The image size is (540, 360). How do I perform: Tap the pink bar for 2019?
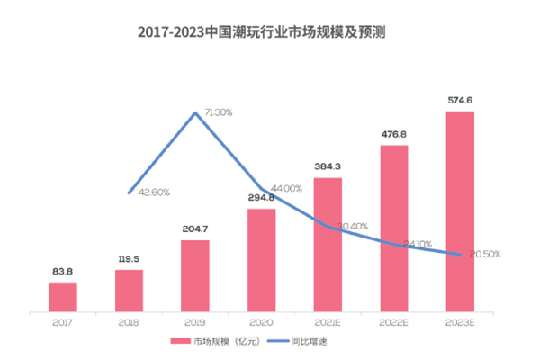[194, 275]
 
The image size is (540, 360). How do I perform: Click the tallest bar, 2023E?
[460, 212]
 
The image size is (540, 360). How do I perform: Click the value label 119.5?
[129, 258]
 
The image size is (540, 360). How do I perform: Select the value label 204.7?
[194, 229]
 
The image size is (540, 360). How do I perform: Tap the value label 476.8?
[394, 134]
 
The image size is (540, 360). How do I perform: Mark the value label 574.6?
[460, 101]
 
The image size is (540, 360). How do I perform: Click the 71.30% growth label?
[219, 112]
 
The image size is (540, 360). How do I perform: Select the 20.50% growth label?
[482, 255]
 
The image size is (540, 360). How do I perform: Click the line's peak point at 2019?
[195, 112]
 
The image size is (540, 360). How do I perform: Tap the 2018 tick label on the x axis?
[129, 320]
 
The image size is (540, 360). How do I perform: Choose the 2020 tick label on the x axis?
[261, 320]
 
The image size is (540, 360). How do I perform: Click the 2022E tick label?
[394, 320]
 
